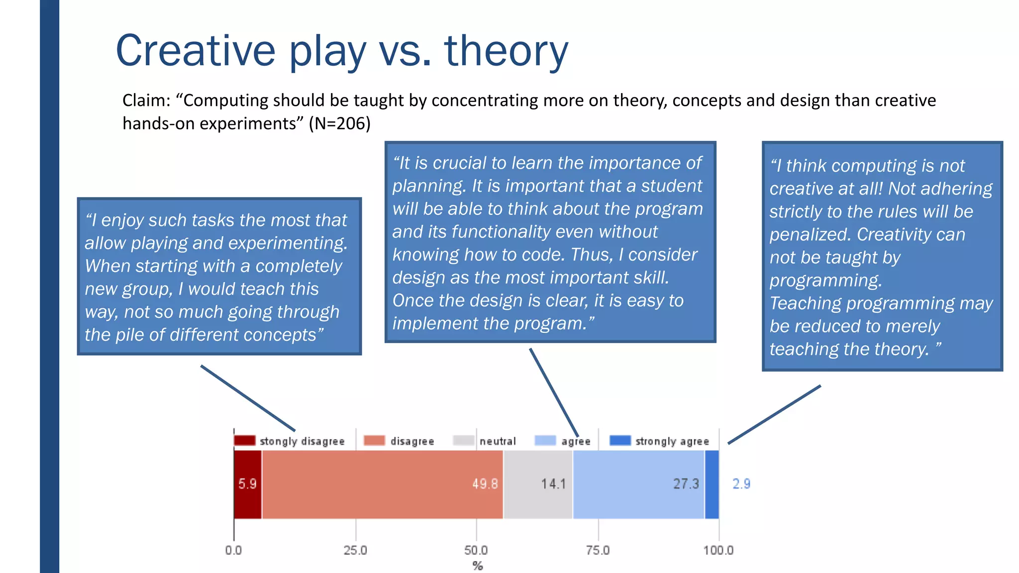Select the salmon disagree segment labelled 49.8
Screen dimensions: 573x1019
382,484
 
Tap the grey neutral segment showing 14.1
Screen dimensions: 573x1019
538,484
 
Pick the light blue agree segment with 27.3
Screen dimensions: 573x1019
638,484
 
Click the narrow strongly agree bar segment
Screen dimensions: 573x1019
712,484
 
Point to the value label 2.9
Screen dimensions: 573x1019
741,483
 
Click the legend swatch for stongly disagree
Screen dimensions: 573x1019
244,441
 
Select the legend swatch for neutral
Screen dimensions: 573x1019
464,441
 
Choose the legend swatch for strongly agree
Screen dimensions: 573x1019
620,441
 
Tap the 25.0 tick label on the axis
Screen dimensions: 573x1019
355,550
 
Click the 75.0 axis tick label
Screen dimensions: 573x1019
598,550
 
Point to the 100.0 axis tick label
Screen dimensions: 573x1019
718,550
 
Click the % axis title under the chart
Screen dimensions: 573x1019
478,566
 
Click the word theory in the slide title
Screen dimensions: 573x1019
506,51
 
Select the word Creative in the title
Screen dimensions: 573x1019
196,51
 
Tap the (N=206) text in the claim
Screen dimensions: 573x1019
339,123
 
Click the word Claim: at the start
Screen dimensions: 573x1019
146,100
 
